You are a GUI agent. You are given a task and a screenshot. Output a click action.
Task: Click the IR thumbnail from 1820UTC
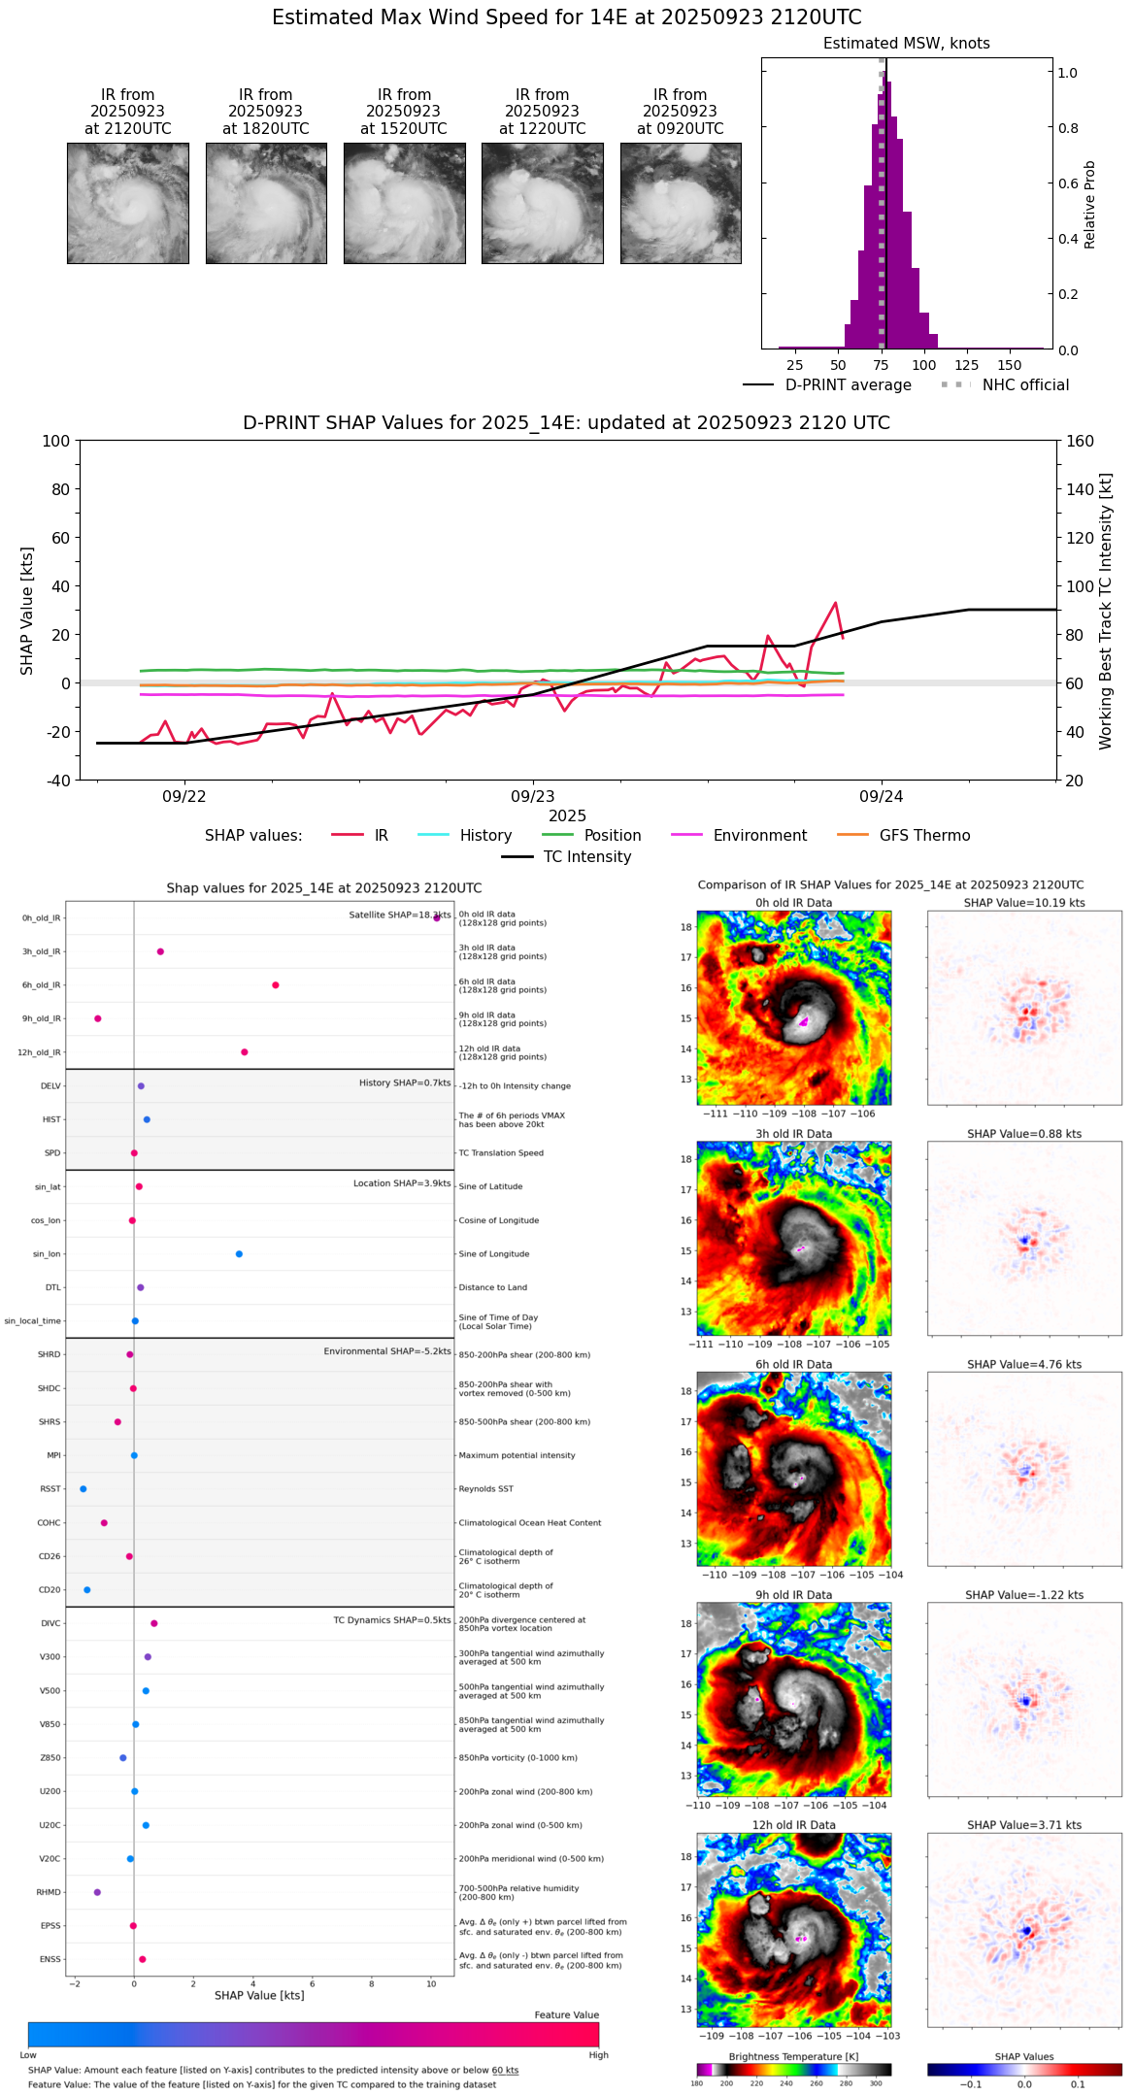click(x=266, y=203)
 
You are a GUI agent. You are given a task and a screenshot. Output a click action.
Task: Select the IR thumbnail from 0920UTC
click(x=681, y=203)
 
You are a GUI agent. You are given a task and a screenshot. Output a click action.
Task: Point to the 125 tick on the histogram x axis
click(x=966, y=365)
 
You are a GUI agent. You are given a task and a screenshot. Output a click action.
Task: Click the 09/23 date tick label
click(x=532, y=797)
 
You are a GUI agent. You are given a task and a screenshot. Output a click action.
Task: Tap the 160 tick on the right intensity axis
click(x=1080, y=441)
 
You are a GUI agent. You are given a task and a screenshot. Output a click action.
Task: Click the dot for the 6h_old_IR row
click(x=276, y=985)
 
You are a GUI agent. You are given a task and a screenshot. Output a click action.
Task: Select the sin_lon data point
click(x=239, y=1254)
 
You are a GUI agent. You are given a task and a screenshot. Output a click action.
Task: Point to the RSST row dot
click(x=83, y=1489)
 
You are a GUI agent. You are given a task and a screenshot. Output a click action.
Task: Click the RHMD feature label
click(x=49, y=1892)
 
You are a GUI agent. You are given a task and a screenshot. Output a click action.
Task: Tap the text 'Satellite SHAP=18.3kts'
click(x=399, y=914)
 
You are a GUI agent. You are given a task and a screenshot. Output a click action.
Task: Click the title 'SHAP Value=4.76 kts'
click(x=1023, y=1365)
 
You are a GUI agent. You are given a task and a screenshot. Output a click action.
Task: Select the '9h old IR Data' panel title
click(x=793, y=1595)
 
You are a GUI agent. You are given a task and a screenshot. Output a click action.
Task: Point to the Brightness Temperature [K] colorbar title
click(x=793, y=2057)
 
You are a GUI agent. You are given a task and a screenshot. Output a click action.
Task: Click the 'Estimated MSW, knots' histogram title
click(x=906, y=44)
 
